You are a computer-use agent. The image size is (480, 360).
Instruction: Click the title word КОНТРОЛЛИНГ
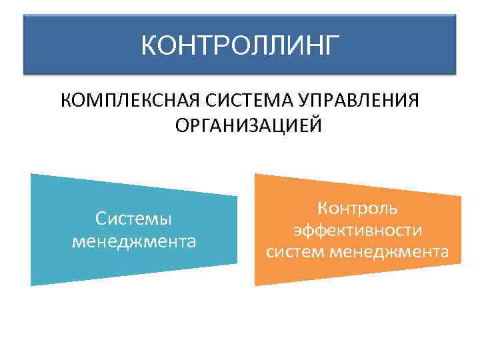click(x=240, y=46)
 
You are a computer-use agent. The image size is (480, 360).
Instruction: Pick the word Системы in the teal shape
click(x=133, y=218)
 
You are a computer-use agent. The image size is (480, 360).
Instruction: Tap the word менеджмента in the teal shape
click(x=133, y=240)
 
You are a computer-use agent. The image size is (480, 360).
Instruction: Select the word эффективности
click(x=358, y=230)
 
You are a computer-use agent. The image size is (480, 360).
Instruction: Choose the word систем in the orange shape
click(x=293, y=252)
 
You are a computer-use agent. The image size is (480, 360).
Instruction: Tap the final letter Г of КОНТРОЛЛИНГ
click(x=331, y=46)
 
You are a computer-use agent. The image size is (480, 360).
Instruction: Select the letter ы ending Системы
click(x=166, y=219)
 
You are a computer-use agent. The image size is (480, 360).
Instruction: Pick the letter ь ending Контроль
click(x=394, y=208)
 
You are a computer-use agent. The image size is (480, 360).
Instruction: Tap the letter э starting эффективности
click(x=297, y=231)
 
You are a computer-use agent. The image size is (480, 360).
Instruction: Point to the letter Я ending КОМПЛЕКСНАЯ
click(x=192, y=101)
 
